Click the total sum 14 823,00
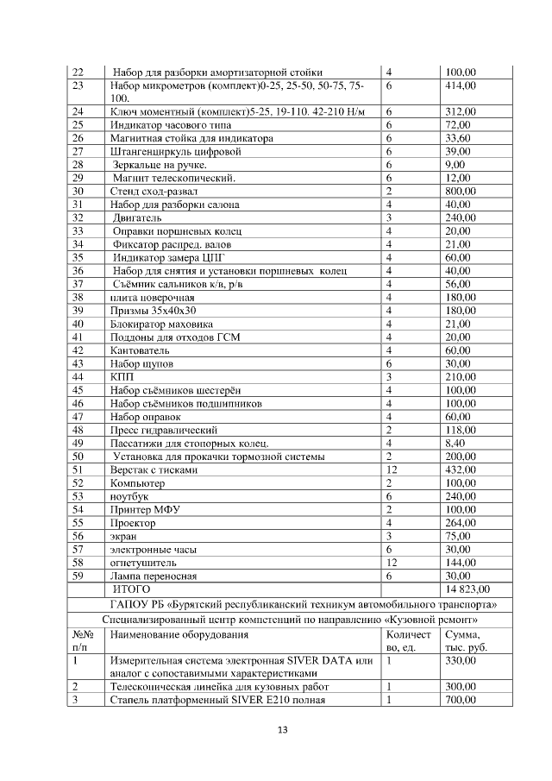(467, 589)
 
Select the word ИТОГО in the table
(132, 589)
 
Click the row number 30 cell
(78, 191)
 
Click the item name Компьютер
(138, 482)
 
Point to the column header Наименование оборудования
(177, 634)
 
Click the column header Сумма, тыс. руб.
(467, 640)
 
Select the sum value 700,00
(461, 699)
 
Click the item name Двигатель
(137, 217)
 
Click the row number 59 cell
(78, 576)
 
